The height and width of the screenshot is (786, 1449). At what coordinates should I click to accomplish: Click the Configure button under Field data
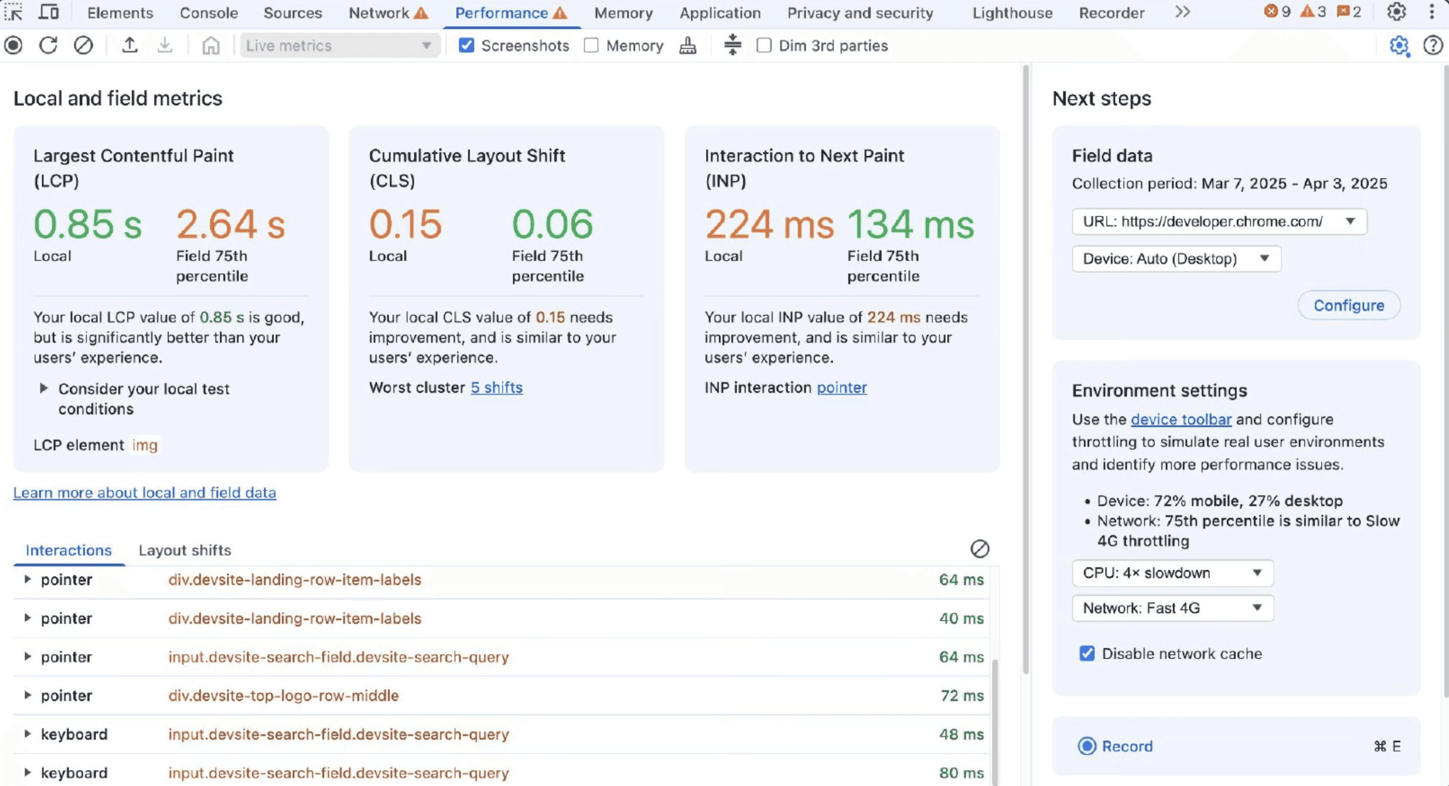pos(1349,305)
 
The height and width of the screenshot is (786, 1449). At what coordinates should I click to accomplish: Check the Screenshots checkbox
pos(466,45)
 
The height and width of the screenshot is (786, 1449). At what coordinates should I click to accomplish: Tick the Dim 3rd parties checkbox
pos(764,45)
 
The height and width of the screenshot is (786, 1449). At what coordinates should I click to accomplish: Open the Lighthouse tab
pos(1012,13)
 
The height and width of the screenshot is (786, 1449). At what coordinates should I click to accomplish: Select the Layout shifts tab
pos(185,550)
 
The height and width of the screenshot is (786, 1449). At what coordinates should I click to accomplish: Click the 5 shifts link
pos(496,387)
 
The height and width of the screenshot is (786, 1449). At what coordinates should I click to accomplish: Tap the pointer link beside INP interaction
pos(841,387)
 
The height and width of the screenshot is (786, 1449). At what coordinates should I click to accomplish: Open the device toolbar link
pos(1181,419)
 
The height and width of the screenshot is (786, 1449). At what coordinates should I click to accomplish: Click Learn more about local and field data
pos(144,492)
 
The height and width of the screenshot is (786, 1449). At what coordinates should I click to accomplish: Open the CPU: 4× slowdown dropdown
pos(1172,572)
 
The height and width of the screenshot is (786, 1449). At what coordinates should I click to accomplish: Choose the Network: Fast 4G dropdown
pos(1172,608)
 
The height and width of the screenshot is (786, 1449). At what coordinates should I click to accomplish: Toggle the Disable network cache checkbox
pos(1087,653)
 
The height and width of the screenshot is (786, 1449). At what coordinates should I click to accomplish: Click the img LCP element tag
pos(145,445)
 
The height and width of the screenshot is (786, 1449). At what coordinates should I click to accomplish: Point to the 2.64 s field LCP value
pos(231,224)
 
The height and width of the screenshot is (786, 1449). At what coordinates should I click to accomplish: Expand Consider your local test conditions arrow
pos(43,388)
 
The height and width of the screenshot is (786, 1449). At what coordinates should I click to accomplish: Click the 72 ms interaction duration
pos(962,695)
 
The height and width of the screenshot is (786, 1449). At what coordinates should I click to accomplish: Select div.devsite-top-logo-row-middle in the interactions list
pos(284,695)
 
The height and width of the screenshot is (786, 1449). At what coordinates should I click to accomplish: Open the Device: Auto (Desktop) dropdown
pos(1176,259)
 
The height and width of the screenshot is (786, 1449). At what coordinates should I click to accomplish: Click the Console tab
pos(208,13)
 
